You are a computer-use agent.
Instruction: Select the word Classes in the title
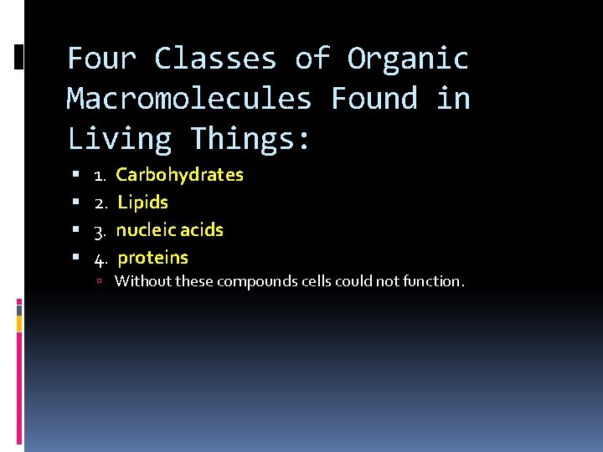[x=215, y=59]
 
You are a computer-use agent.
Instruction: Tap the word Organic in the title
[x=408, y=59]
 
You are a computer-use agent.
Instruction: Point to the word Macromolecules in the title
[x=189, y=99]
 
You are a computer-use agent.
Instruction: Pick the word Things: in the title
[x=250, y=138]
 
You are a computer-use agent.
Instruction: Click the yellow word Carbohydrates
[x=179, y=175]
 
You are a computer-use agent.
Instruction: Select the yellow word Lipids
[x=143, y=203]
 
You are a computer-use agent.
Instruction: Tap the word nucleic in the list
[x=145, y=230]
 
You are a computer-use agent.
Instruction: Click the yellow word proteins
[x=153, y=258]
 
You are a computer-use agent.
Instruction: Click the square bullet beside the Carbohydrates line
[x=75, y=176]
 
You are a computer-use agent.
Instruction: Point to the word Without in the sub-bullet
[x=138, y=281]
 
